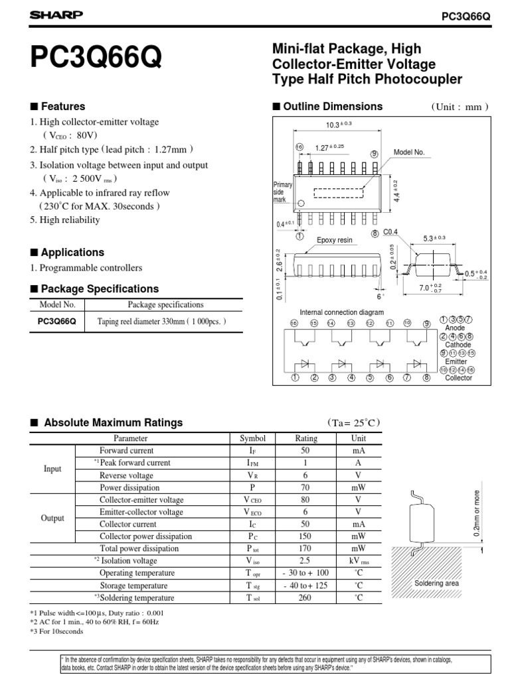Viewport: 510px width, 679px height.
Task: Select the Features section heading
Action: (x=62, y=107)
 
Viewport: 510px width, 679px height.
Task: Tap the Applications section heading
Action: (x=72, y=253)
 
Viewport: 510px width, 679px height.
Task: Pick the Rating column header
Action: (x=305, y=438)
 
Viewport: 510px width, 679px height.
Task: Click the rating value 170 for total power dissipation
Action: (x=305, y=549)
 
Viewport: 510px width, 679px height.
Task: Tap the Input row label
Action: (x=52, y=469)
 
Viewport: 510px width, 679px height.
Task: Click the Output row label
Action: (x=52, y=518)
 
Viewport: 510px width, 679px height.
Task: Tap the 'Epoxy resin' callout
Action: (x=335, y=240)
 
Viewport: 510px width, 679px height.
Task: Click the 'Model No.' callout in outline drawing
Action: (x=409, y=153)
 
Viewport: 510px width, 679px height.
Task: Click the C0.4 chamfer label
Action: (x=390, y=232)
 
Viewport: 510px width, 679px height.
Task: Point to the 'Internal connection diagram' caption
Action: (x=341, y=312)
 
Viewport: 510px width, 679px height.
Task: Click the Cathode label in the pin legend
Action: (x=458, y=345)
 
